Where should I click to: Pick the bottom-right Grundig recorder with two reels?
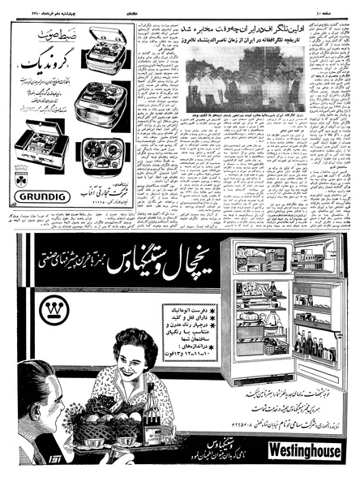point(102,153)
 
